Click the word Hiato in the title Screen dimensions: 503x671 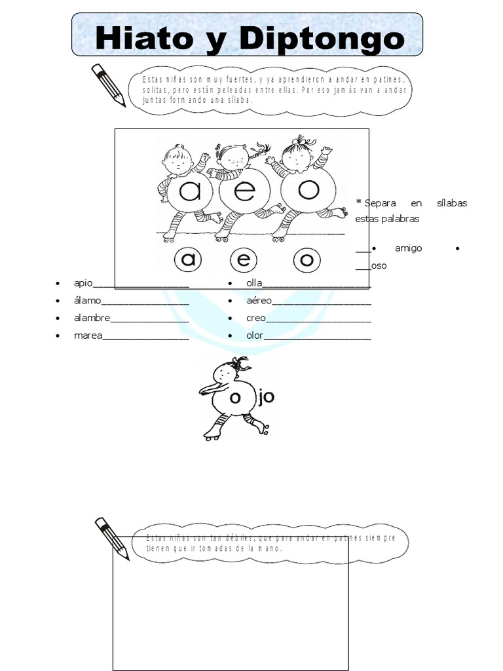pyautogui.click(x=144, y=38)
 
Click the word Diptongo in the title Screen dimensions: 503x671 pyautogui.click(x=322, y=40)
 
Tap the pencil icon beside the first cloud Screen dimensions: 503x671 pyautogui.click(x=109, y=85)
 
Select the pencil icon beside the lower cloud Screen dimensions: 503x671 pyautogui.click(x=112, y=539)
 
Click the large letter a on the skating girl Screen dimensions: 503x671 pyautogui.click(x=190, y=191)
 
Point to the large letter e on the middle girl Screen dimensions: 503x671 pyautogui.click(x=245, y=191)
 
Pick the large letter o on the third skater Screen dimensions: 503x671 pyautogui.click(x=308, y=189)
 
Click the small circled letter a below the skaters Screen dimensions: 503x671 pyautogui.click(x=188, y=259)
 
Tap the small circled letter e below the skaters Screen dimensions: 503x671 pyautogui.click(x=244, y=259)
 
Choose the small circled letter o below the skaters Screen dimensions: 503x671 pyautogui.click(x=307, y=259)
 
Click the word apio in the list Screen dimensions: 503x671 pyautogui.click(x=83, y=283)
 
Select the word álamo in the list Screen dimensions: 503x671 pyautogui.click(x=87, y=300)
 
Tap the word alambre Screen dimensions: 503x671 pyautogui.click(x=92, y=318)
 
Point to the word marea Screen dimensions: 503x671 pyautogui.click(x=88, y=335)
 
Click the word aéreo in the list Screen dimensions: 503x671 pyautogui.click(x=259, y=300)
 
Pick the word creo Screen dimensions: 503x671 pyautogui.click(x=256, y=318)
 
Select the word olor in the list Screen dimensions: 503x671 pyautogui.click(x=255, y=335)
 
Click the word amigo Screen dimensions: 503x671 pyautogui.click(x=409, y=248)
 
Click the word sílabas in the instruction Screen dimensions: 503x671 pyautogui.click(x=452, y=203)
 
